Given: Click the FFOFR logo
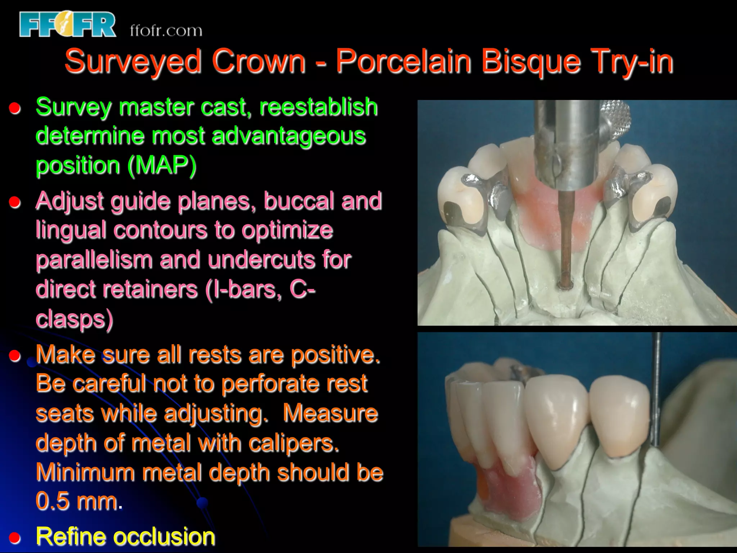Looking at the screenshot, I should (x=68, y=24).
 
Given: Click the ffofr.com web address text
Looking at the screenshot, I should (x=166, y=31).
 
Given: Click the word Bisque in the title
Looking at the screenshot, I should (x=531, y=61).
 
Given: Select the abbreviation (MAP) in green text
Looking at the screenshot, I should (x=162, y=165).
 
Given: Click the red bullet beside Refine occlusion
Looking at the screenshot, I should (x=15, y=538).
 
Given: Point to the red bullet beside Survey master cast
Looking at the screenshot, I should (x=15, y=108).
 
